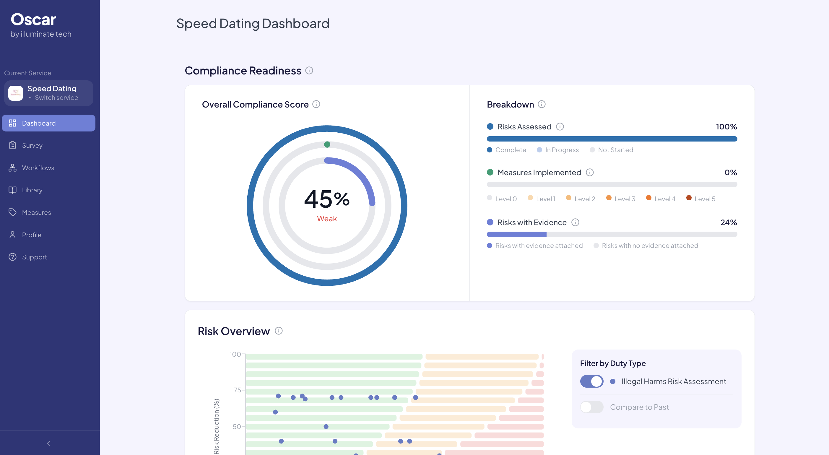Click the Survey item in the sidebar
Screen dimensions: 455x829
pos(32,145)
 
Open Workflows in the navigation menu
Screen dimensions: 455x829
pos(38,168)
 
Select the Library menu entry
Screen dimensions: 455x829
pos(32,190)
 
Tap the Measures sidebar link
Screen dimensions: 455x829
pos(36,212)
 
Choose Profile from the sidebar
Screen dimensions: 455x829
pos(31,235)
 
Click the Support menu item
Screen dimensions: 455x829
pos(34,257)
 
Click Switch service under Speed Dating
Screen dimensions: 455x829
pos(56,98)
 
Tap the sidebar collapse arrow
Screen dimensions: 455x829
pos(48,443)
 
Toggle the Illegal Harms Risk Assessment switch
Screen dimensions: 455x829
pos(591,381)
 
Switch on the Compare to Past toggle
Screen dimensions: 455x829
pos(591,407)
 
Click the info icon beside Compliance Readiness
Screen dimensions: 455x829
pos(309,71)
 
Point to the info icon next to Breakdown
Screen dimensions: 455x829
pos(542,104)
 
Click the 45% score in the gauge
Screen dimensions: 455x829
pos(327,199)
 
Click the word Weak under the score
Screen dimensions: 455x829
pos(327,219)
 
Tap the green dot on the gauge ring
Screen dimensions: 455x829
pos(327,144)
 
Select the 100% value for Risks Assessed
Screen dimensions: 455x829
pos(726,127)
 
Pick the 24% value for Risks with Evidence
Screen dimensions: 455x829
pos(728,222)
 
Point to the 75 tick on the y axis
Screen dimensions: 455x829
pos(237,390)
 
